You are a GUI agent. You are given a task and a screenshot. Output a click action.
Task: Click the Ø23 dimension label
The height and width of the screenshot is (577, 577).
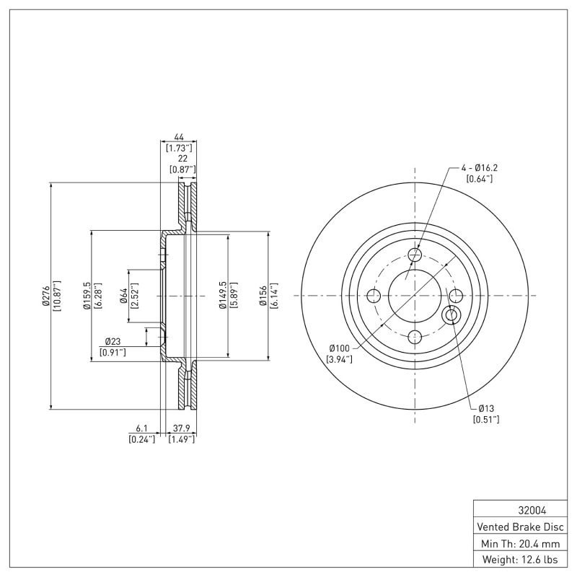113,341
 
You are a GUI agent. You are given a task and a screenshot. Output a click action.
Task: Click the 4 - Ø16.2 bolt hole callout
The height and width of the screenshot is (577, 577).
480,168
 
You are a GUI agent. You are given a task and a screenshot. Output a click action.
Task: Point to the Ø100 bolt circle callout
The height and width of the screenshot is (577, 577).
339,348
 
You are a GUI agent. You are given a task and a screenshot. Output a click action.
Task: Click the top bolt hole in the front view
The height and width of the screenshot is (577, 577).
415,255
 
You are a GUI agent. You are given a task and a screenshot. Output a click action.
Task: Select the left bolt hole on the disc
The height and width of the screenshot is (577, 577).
374,296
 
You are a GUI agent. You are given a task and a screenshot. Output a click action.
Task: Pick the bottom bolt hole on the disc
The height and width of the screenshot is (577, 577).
415,337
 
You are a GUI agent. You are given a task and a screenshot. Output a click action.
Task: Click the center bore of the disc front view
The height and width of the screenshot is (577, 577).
415,296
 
